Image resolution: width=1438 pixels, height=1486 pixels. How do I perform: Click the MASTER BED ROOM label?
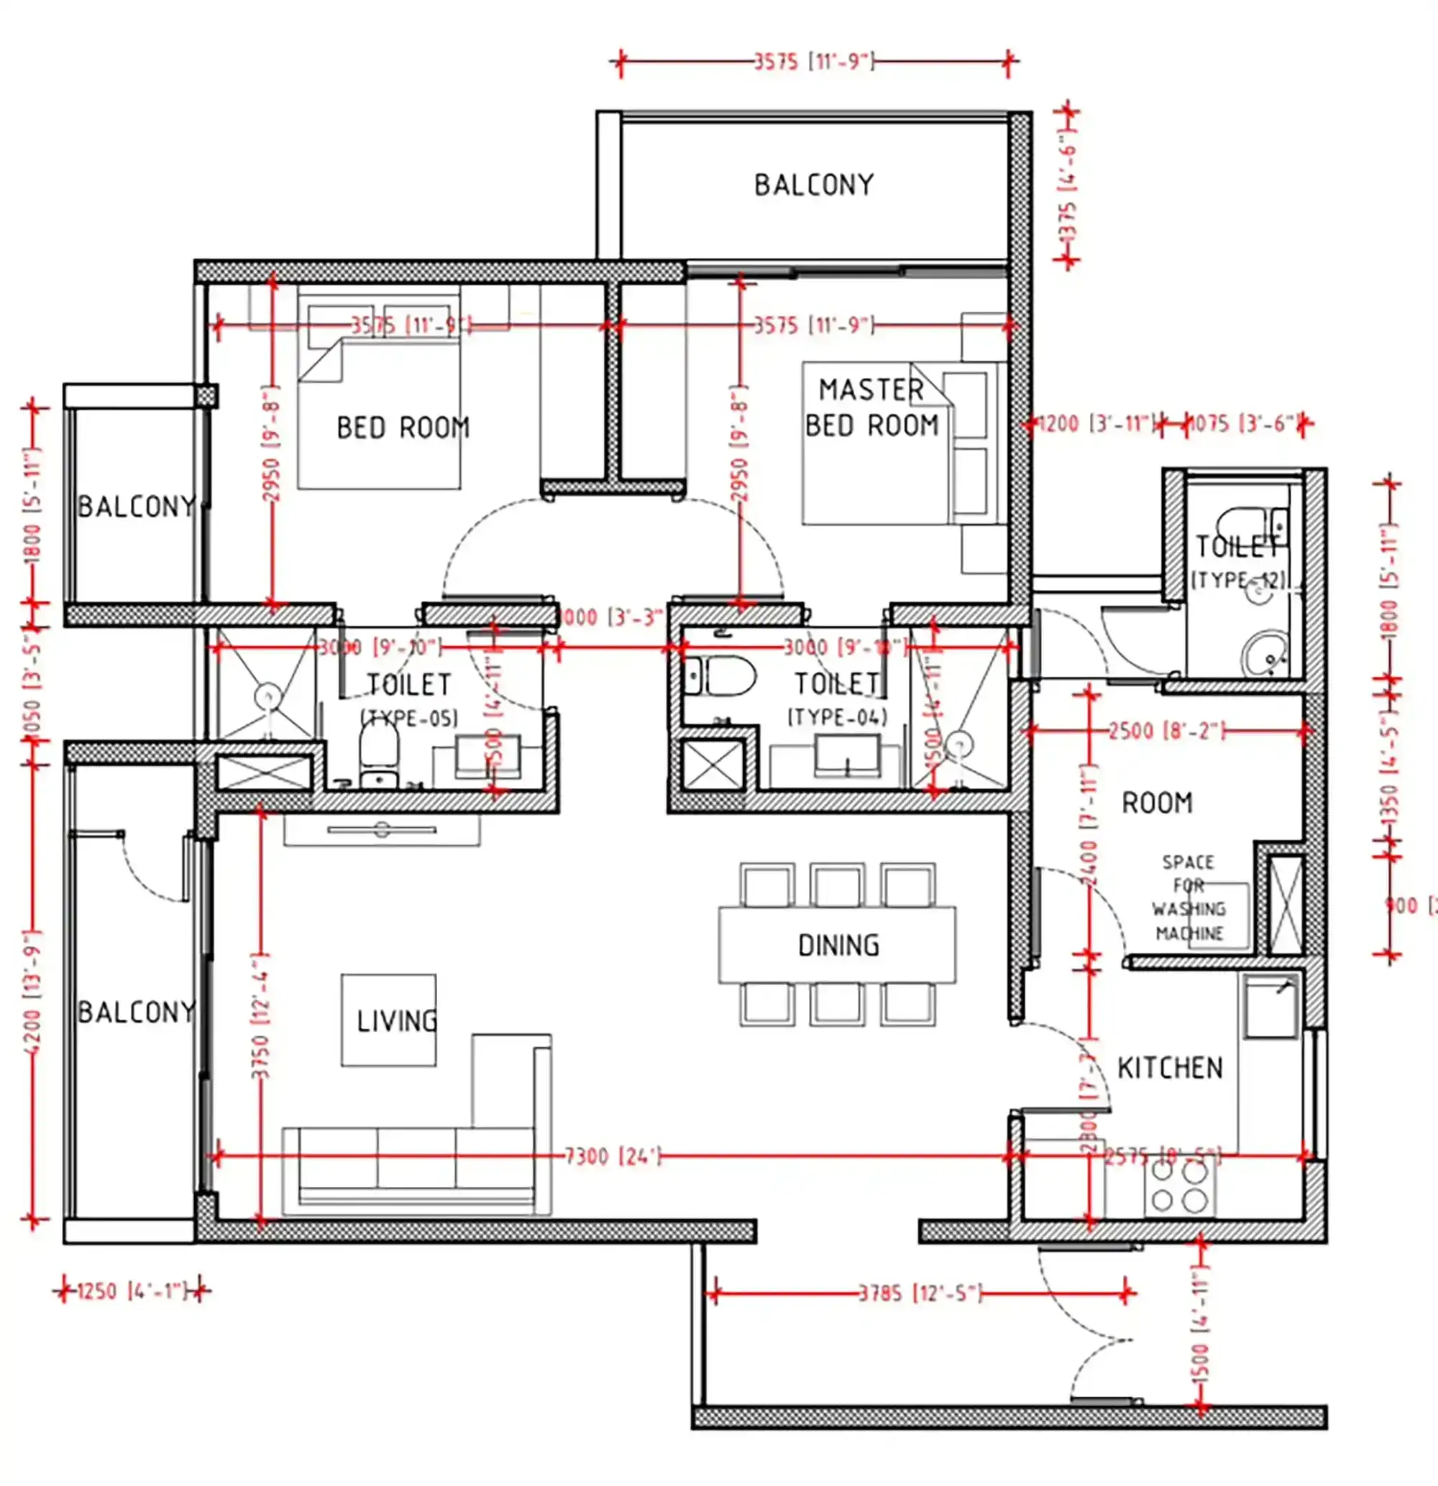pyautogui.click(x=871, y=408)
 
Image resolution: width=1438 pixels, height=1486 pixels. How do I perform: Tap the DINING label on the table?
pyautogui.click(x=839, y=946)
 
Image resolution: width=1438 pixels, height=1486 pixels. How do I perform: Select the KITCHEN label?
pyautogui.click(x=1171, y=1069)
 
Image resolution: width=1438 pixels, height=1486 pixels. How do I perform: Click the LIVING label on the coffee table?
pyautogui.click(x=397, y=1021)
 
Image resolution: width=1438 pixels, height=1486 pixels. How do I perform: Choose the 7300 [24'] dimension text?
pyautogui.click(x=613, y=1156)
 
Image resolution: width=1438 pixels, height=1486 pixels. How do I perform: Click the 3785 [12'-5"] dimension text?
pyautogui.click(x=920, y=1293)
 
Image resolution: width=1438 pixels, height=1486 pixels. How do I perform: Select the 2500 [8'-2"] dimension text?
pyautogui.click(x=1166, y=731)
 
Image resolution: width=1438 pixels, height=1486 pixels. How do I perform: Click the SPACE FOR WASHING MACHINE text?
pyautogui.click(x=1189, y=897)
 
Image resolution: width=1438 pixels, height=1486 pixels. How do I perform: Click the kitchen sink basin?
pyautogui.click(x=1271, y=1007)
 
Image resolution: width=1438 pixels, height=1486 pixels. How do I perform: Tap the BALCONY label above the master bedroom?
pyautogui.click(x=814, y=185)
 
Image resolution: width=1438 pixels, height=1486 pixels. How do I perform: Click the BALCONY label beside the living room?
pyautogui.click(x=137, y=1012)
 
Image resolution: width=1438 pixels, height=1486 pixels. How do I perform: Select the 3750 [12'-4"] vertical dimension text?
pyautogui.click(x=260, y=1016)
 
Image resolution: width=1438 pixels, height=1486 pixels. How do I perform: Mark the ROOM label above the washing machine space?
pyautogui.click(x=1158, y=802)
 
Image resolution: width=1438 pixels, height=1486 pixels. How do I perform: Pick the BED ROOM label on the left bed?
pyautogui.click(x=403, y=428)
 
